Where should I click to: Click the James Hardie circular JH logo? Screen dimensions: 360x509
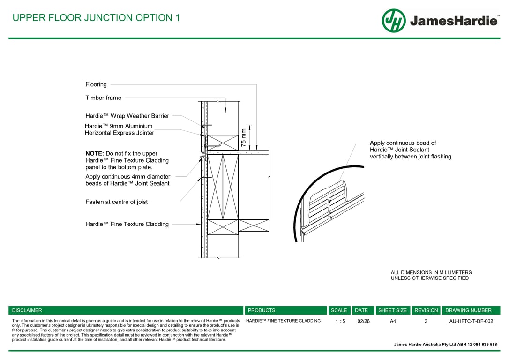pyautogui.click(x=394, y=21)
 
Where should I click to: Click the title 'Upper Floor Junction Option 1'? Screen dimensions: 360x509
pyautogui.click(x=96, y=18)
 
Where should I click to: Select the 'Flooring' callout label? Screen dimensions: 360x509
pyautogui.click(x=96, y=84)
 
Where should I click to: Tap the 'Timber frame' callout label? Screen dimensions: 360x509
pyautogui.click(x=103, y=98)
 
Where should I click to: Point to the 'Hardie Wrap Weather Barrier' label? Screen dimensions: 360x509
pyautogui.click(x=127, y=116)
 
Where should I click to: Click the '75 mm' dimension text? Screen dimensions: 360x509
pyautogui.click(x=244, y=138)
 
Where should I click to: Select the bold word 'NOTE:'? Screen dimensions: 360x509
pyautogui.click(x=95, y=154)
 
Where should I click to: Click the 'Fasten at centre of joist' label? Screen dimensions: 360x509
pyautogui.click(x=116, y=202)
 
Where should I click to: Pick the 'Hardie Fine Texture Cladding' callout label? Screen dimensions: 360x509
pyautogui.click(x=127, y=224)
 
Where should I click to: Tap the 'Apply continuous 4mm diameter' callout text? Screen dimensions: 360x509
pyautogui.click(x=127, y=177)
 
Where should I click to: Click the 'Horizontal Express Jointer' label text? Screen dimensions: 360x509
pyautogui.click(x=120, y=133)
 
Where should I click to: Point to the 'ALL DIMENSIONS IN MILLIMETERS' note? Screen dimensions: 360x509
pyautogui.click(x=431, y=272)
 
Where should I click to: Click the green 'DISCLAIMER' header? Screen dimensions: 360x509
pyautogui.click(x=27, y=310)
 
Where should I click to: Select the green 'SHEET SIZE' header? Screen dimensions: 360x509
pyautogui.click(x=392, y=310)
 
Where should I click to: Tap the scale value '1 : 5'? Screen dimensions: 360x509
pyautogui.click(x=340, y=321)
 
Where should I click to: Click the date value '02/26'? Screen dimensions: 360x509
pyautogui.click(x=363, y=321)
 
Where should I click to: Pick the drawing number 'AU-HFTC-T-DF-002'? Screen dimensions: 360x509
pyautogui.click(x=471, y=321)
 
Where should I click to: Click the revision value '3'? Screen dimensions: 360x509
pyautogui.click(x=426, y=321)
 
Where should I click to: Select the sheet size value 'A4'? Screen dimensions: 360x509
pyautogui.click(x=393, y=321)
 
